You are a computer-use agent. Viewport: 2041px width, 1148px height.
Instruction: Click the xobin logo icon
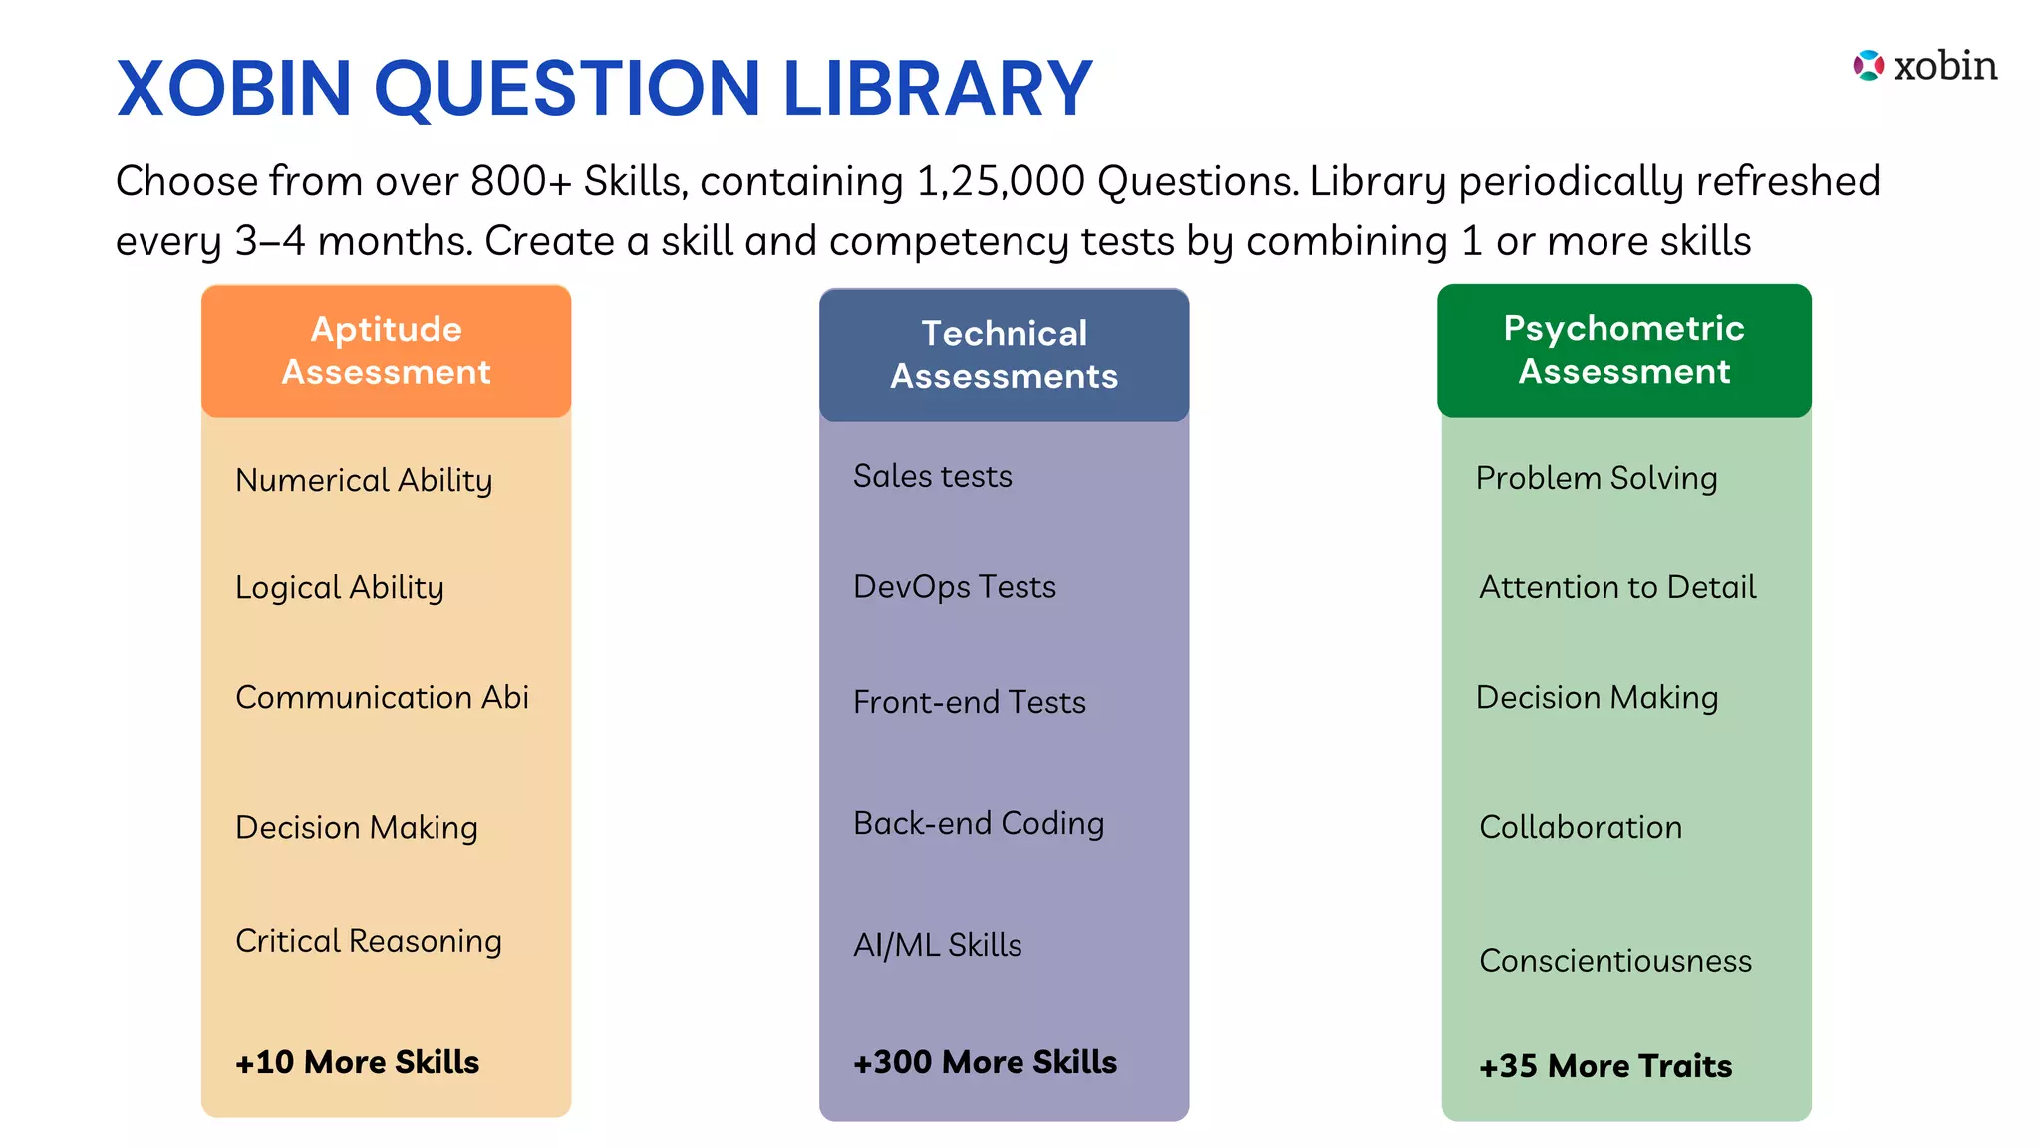[1868, 66]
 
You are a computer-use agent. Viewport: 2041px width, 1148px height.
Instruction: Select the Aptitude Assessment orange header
[386, 351]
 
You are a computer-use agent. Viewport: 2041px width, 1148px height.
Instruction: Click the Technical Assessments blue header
[1004, 355]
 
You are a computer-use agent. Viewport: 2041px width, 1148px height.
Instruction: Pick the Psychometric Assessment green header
[1623, 350]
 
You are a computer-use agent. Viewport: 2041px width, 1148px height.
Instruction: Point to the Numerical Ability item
[364, 481]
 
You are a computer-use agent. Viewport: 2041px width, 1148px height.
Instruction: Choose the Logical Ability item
[339, 588]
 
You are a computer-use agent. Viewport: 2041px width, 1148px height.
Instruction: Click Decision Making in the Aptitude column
[356, 828]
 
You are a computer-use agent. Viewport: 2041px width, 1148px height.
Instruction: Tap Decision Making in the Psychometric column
[1597, 698]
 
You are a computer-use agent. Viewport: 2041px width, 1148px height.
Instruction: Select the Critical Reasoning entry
[368, 941]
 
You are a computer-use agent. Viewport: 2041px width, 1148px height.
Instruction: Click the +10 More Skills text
[357, 1062]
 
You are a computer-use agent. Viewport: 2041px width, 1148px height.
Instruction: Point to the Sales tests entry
[932, 477]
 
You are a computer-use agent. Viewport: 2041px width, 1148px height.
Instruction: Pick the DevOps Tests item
[954, 587]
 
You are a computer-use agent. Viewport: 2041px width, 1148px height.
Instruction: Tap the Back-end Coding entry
[978, 824]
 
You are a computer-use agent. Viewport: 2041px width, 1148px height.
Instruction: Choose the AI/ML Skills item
[937, 945]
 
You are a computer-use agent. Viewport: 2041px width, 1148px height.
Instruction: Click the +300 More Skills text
[985, 1062]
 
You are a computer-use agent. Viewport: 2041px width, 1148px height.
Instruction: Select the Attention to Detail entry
[1616, 587]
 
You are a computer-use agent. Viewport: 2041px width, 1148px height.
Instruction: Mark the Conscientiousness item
[1614, 961]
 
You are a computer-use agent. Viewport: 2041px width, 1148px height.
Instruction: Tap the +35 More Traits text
[1604, 1066]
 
